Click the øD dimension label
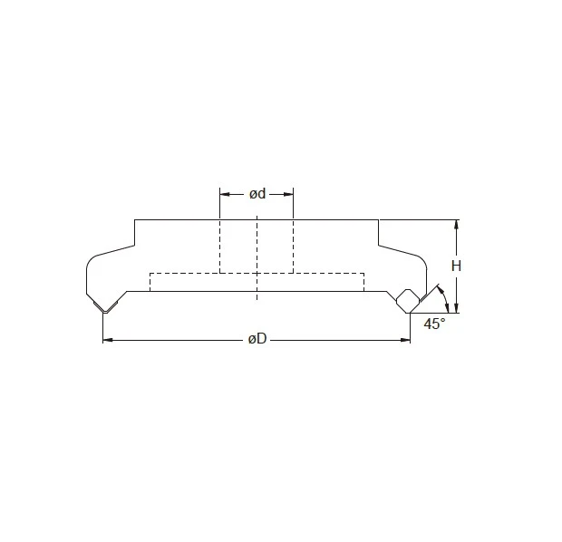[x=257, y=340]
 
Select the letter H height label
[x=457, y=266]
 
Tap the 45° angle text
[x=435, y=324]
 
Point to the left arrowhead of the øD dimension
[x=107, y=340]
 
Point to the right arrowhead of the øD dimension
[x=405, y=340]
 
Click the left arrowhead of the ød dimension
[x=225, y=193]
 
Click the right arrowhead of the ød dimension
[x=288, y=193]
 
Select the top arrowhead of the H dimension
[x=457, y=224]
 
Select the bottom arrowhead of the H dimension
[x=457, y=307]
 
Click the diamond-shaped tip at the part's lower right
[x=407, y=299]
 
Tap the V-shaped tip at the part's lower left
[x=106, y=307]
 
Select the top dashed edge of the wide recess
[x=257, y=272]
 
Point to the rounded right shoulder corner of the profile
[x=424, y=262]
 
